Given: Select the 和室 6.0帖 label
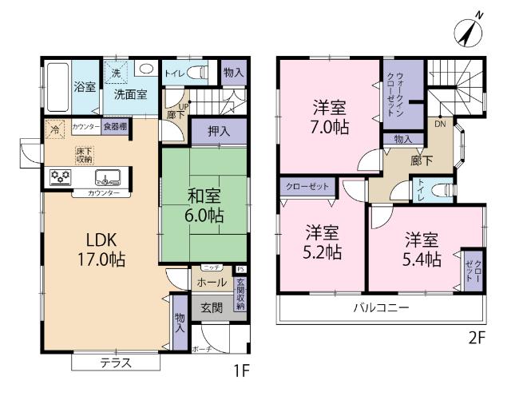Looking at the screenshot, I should pyautogui.click(x=205, y=204).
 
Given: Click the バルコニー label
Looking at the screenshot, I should pyautogui.click(x=382, y=307).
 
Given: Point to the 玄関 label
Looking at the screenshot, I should pyautogui.click(x=211, y=307).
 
